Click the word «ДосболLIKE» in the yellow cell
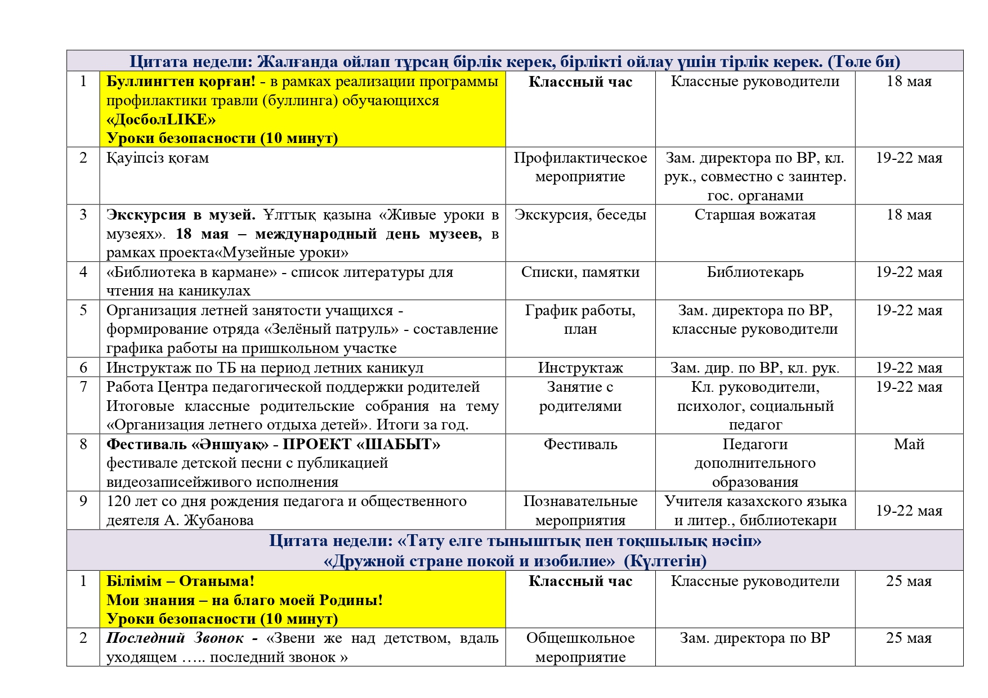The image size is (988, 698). [161, 119]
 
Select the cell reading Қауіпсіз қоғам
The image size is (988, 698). [158, 158]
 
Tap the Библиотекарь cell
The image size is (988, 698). [755, 272]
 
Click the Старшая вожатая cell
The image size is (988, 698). [755, 215]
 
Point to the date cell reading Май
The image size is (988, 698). [909, 445]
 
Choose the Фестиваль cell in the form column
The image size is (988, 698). [580, 445]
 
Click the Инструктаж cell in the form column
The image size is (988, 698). [580, 368]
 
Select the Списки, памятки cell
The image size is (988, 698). [580, 272]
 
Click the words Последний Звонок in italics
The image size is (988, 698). [175, 638]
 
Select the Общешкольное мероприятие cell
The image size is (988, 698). [580, 647]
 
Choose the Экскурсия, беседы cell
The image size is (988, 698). [580, 215]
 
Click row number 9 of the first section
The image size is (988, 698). [83, 502]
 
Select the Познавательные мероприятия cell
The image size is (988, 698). [580, 511]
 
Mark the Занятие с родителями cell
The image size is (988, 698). [580, 397]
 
